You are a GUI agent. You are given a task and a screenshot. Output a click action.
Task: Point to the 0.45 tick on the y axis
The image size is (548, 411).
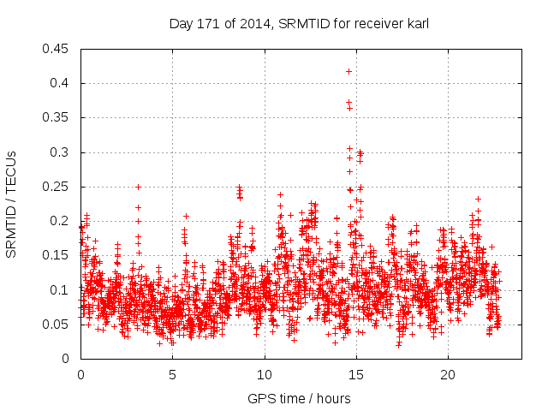[x=57, y=49]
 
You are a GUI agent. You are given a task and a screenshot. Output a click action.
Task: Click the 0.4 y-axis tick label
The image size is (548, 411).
[x=60, y=83]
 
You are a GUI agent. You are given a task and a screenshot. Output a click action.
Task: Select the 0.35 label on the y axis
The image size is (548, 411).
[x=57, y=117]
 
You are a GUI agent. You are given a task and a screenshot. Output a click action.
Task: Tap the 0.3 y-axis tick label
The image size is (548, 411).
[x=60, y=152]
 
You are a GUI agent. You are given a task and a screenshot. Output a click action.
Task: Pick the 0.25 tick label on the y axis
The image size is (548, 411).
[x=57, y=187]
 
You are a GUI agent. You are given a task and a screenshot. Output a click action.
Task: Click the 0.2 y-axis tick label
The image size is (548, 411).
[x=60, y=221]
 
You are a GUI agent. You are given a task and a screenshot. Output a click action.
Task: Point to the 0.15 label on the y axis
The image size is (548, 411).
[x=57, y=255]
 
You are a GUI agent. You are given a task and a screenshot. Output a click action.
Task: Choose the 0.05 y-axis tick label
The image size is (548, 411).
[x=57, y=325]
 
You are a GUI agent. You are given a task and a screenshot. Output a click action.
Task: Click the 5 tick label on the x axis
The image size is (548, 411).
[x=172, y=375]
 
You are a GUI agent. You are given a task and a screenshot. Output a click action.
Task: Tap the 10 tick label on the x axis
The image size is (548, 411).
[x=264, y=375]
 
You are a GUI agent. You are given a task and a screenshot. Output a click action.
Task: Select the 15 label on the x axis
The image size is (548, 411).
[x=355, y=375]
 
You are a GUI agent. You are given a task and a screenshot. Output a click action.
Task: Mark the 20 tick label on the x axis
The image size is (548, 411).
[x=447, y=375]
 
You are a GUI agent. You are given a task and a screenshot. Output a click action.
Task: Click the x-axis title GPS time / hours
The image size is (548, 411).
[x=300, y=398]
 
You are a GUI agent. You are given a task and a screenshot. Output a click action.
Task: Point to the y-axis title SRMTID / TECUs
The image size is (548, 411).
[x=12, y=204]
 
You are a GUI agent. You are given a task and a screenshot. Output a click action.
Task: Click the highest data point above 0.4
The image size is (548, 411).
[x=348, y=71]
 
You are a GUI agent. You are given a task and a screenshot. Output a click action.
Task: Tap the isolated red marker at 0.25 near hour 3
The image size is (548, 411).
[x=138, y=187]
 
